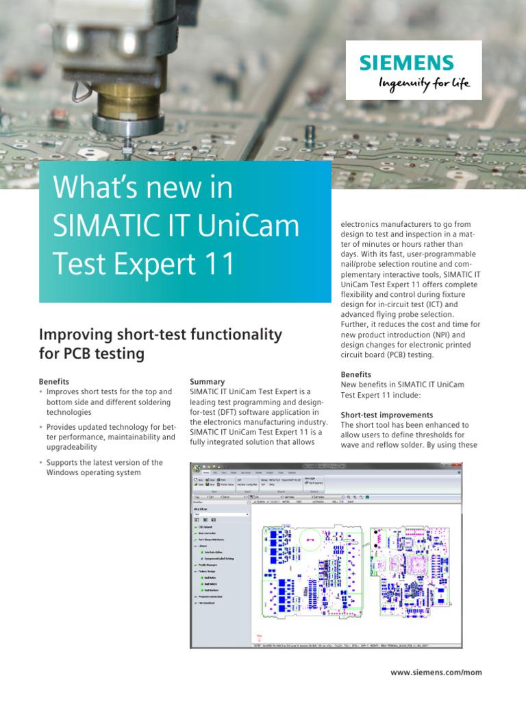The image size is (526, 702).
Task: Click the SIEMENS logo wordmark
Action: pyautogui.click(x=407, y=63)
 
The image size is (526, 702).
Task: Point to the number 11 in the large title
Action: pyautogui.click(x=216, y=264)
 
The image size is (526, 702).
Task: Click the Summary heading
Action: pyautogui.click(x=207, y=381)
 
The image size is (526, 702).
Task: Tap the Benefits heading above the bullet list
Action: pyautogui.click(x=54, y=381)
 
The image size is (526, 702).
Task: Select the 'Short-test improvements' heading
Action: pyautogui.click(x=386, y=415)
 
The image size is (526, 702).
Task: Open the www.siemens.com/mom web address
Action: pyautogui.click(x=436, y=673)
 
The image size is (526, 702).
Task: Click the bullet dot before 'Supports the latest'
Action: pyautogui.click(x=41, y=463)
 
